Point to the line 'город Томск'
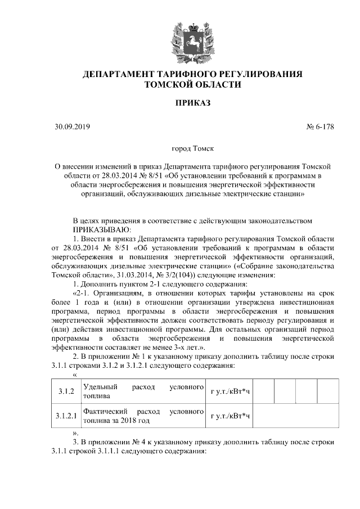coord(192,150)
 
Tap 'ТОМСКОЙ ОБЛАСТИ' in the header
coord(192,85)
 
